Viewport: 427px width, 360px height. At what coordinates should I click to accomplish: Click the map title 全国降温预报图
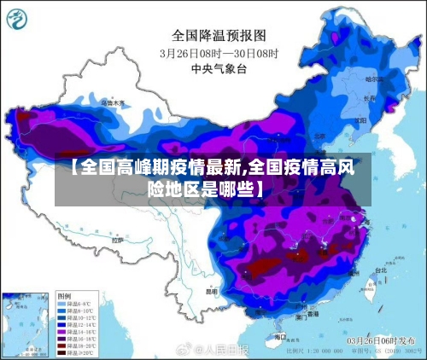(x=220, y=35)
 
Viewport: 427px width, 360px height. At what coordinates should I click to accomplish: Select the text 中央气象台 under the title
(x=219, y=67)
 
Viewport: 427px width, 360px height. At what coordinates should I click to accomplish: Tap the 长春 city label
(x=368, y=97)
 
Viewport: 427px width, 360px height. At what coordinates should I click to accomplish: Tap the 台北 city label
(x=379, y=270)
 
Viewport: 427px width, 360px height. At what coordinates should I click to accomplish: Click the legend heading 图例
(x=64, y=294)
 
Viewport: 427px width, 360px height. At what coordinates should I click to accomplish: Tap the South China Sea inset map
(x=26, y=323)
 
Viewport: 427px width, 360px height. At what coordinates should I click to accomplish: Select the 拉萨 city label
(x=118, y=241)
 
